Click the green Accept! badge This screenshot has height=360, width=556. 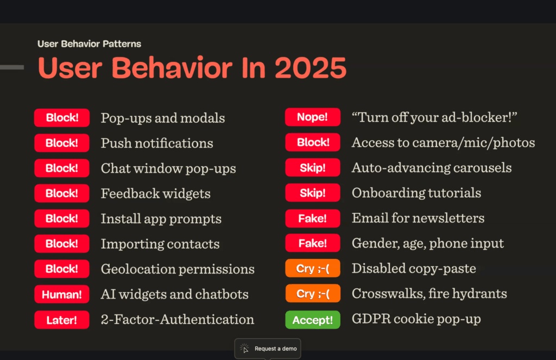tap(312, 320)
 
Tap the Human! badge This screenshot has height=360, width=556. tap(62, 294)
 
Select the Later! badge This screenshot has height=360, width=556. tap(62, 320)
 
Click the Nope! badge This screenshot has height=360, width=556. tap(312, 117)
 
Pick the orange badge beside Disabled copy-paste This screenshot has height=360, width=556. tap(312, 268)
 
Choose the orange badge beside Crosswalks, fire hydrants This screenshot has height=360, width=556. tap(312, 294)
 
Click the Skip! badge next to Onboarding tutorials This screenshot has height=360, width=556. tap(312, 193)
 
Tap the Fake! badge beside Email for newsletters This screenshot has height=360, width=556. tap(312, 218)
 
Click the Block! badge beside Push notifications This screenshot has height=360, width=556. tap(62, 143)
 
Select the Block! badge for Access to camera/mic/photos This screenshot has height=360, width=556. tap(312, 142)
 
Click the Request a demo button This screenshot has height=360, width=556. tap(268, 349)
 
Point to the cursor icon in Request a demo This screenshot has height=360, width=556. tap(245, 349)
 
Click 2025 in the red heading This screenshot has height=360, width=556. tap(310, 68)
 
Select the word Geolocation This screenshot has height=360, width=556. tap(137, 269)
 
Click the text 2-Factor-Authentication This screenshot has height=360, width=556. tap(178, 319)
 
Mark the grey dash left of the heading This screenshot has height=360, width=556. tap(12, 67)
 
